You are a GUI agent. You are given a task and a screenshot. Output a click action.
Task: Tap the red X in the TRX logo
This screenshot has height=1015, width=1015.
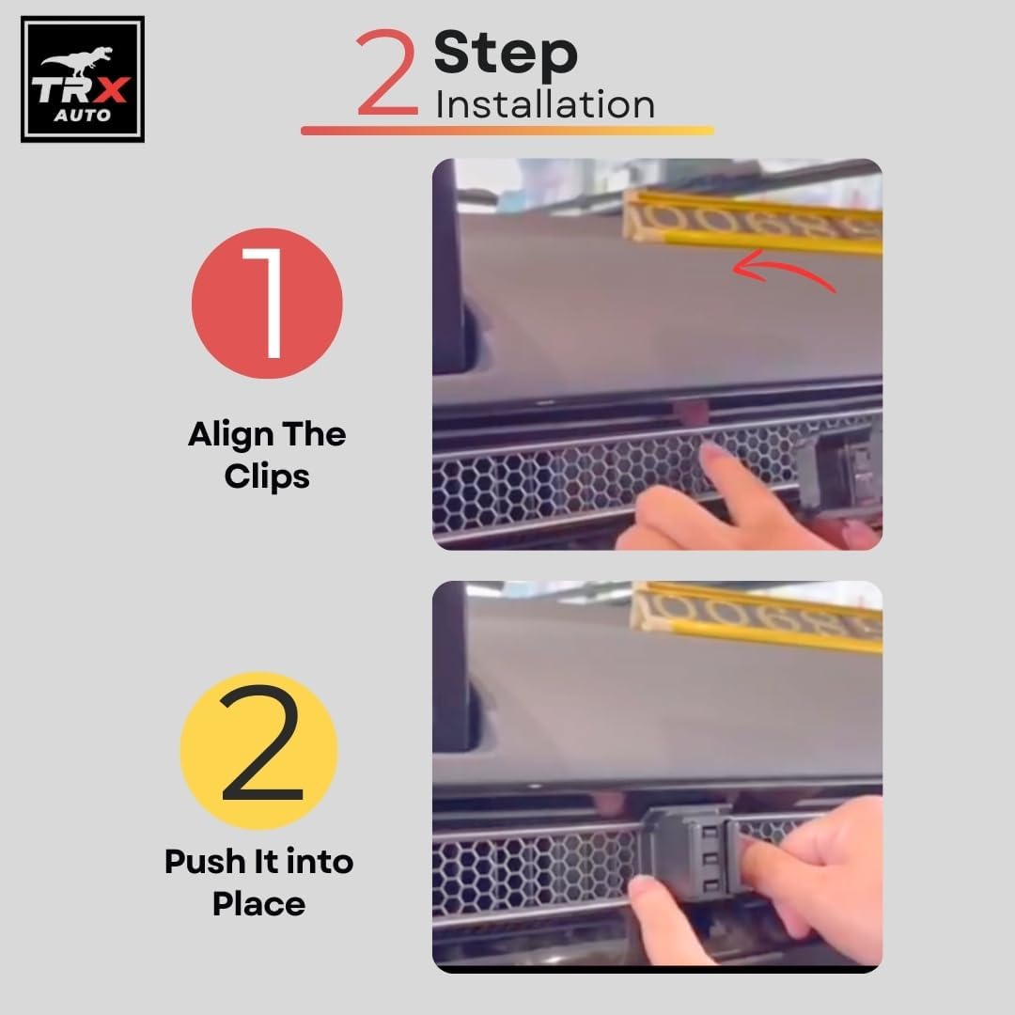(x=111, y=90)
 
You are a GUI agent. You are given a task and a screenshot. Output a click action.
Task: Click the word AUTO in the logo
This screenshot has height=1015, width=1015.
(x=82, y=116)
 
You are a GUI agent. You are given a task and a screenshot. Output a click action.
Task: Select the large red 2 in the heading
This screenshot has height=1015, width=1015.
(x=386, y=71)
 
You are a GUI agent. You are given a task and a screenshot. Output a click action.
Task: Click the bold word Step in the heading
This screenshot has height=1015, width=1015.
(x=506, y=53)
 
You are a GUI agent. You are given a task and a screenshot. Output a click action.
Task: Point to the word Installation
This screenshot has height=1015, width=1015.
(x=545, y=105)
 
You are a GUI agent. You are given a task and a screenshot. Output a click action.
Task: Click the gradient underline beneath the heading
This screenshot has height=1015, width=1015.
(x=507, y=130)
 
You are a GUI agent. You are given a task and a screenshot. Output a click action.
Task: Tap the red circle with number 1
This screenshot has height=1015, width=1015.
(x=267, y=303)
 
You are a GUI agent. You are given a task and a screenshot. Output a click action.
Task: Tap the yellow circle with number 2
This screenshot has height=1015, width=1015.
(x=259, y=750)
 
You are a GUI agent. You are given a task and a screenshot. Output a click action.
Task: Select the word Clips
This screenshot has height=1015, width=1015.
(x=267, y=477)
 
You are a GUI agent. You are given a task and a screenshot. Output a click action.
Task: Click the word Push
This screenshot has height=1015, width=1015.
(x=205, y=861)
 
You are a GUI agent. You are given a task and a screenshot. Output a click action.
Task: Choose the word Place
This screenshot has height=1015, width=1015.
(x=259, y=904)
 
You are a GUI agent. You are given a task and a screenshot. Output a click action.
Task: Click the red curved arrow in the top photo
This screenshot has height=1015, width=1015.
(x=783, y=271)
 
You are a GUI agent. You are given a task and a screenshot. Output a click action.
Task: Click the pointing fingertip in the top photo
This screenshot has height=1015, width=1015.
(x=714, y=451)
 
